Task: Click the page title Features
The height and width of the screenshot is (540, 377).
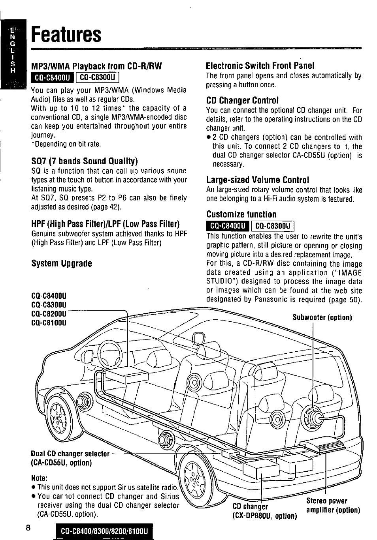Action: click(66, 34)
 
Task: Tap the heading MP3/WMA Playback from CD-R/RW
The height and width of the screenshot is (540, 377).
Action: click(97, 66)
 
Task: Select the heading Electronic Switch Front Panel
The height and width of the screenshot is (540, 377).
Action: click(260, 66)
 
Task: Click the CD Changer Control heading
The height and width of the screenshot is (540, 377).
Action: click(242, 100)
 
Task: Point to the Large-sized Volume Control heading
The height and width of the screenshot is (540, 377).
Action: click(257, 180)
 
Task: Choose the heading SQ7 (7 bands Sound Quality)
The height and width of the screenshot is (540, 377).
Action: click(84, 161)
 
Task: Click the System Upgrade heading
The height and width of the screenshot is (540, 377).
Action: click(61, 263)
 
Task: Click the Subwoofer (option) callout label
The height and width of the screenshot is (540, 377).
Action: click(322, 317)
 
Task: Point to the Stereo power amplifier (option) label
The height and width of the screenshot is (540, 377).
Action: click(333, 506)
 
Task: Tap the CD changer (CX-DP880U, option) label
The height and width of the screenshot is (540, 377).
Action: click(264, 511)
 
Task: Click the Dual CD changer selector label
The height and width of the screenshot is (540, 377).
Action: click(70, 454)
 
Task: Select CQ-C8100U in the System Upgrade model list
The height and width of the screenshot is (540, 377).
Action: click(49, 323)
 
